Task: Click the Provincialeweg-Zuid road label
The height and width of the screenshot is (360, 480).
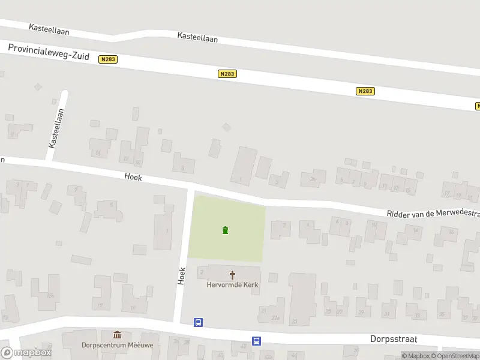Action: [x=49, y=52]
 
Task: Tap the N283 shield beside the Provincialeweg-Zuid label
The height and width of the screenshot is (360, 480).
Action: [x=108, y=59]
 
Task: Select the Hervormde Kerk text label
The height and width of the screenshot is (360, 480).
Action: [x=232, y=285]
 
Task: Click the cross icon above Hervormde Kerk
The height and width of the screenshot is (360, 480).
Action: [x=233, y=275]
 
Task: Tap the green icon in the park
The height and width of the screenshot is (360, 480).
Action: [x=225, y=230]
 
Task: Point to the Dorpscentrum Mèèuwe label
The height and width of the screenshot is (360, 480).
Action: [x=116, y=345]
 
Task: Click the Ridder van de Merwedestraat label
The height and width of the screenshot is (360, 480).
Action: [x=432, y=214]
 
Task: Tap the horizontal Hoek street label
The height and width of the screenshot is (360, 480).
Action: [x=133, y=177]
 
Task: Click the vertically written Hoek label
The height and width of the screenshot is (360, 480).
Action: [x=182, y=275]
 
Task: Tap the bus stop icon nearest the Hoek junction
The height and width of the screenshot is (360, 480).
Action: [x=198, y=323]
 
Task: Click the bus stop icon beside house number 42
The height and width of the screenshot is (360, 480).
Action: [x=256, y=341]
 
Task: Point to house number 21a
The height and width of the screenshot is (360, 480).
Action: [x=275, y=317]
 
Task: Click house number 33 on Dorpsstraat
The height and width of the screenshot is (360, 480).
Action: [x=417, y=314]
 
